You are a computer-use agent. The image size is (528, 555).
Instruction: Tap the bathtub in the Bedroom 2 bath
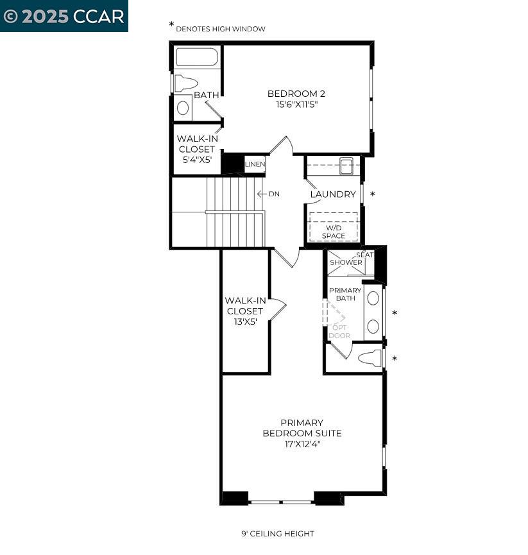197,58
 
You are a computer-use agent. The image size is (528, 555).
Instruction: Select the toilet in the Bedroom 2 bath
185,83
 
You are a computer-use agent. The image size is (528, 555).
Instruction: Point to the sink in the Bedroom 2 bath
183,108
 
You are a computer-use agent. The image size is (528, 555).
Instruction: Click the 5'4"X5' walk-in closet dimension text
196,160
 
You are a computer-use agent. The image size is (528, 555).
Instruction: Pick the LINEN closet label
254,165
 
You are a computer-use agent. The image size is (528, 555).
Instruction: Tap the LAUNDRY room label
333,194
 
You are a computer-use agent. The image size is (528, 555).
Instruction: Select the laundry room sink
345,166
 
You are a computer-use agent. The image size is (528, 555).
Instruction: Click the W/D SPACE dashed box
333,228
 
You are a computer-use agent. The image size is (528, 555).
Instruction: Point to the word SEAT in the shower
364,255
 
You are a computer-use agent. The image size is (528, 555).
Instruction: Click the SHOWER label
346,262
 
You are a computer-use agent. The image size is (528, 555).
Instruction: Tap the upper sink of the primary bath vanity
373,298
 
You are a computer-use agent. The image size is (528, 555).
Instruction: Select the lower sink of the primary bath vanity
373,326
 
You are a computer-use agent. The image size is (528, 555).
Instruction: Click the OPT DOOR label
339,331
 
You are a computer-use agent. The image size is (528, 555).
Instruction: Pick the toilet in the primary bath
368,359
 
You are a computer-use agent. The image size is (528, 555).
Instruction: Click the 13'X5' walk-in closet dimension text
245,322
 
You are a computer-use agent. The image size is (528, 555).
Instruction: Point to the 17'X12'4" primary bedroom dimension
302,443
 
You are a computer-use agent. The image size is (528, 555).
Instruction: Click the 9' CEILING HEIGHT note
278,534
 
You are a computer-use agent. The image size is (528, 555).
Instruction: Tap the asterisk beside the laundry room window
373,194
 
